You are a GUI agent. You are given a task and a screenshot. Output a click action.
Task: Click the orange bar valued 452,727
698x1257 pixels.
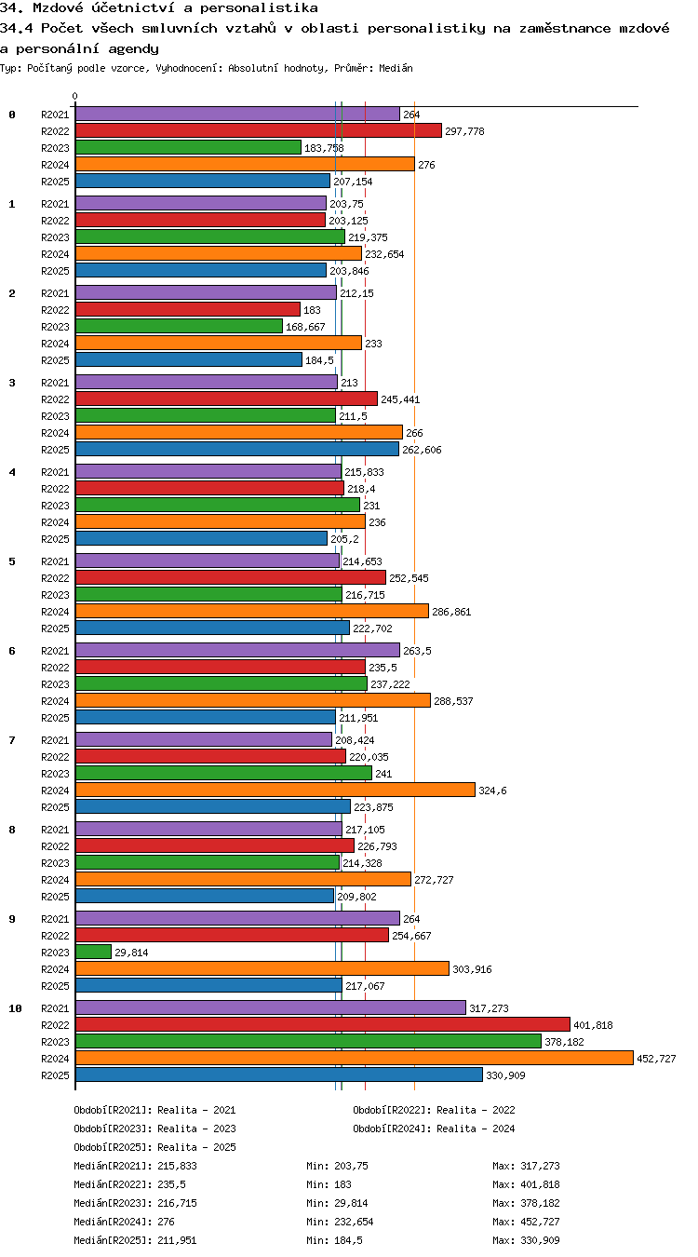click(354, 1058)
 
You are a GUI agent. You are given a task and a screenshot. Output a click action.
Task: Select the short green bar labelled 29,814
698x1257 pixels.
click(93, 952)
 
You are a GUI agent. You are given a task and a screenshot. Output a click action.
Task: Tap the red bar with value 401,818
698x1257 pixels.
click(323, 1024)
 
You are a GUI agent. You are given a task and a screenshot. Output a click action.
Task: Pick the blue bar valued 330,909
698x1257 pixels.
click(279, 1075)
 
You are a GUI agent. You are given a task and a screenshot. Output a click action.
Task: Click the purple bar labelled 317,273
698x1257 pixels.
click(271, 1007)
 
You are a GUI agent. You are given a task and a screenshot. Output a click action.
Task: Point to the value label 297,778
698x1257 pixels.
click(464, 131)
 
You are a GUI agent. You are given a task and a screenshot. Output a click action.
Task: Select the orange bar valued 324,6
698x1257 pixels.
click(275, 791)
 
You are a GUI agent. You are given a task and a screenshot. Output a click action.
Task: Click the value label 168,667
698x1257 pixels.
click(305, 327)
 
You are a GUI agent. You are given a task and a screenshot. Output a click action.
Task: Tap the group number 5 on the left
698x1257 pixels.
click(12, 561)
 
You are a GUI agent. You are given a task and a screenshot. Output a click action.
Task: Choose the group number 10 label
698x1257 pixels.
click(15, 1008)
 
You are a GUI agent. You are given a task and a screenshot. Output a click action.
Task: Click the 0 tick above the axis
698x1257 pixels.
click(75, 97)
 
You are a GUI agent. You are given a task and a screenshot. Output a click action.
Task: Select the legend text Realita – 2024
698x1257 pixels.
click(476, 1129)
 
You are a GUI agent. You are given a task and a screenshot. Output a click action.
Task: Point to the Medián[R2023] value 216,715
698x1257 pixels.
click(178, 1203)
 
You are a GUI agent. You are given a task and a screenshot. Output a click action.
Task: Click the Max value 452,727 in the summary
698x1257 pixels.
click(541, 1222)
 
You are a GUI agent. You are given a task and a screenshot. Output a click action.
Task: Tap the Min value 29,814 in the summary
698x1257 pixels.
click(351, 1203)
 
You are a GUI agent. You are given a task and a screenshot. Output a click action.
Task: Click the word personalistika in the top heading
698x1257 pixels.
click(260, 7)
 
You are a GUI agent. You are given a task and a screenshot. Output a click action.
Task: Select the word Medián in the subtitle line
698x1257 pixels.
click(396, 69)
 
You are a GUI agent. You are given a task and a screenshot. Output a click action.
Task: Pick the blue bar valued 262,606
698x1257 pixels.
click(236, 449)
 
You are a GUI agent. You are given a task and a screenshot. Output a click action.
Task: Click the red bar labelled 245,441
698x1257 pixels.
click(226, 399)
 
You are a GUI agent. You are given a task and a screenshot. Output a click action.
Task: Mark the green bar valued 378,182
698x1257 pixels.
click(308, 1042)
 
